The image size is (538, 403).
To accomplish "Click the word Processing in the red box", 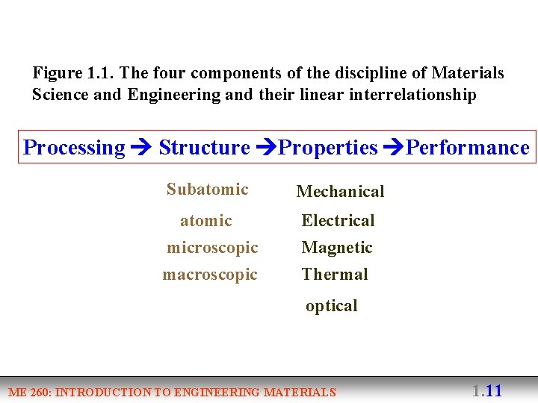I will point(74,148).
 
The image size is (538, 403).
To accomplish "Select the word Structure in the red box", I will point(204,148).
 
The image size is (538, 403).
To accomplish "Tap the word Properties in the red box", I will point(327,148).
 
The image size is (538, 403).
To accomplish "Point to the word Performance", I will point(467,148).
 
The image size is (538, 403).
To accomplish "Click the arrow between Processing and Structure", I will point(141,148).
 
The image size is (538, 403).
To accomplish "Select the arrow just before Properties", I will point(266,148).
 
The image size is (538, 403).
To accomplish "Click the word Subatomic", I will point(207,190).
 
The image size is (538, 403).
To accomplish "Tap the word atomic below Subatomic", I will point(206,221).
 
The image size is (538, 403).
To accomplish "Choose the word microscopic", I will point(212,248).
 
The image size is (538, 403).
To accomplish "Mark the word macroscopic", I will point(210,275).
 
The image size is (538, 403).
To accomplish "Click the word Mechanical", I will point(340,192).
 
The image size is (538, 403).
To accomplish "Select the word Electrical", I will point(338,221).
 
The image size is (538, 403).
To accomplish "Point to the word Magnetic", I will point(337,248).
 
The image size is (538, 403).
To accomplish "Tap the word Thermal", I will point(335,275).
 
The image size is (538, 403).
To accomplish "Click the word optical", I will point(332,306).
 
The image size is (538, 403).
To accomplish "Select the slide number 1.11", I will point(486,390).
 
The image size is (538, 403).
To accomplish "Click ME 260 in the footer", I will point(29,393).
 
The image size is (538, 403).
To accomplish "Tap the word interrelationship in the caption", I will point(412,96).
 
